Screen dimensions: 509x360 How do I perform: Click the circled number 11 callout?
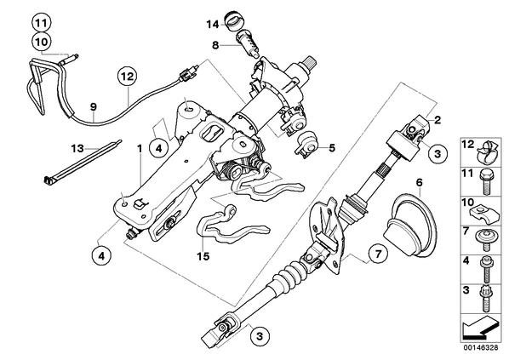click(42, 23)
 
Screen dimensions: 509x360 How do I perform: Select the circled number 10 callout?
click(42, 42)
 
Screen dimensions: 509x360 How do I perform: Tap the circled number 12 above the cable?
click(128, 77)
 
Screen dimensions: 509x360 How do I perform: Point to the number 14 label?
click(213, 25)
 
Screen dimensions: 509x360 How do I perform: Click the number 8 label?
click(215, 45)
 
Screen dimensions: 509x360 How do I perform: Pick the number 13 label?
click(77, 149)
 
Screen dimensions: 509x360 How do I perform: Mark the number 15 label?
click(203, 256)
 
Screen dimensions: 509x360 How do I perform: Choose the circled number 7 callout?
click(378, 254)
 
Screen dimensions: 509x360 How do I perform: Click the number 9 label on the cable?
click(94, 106)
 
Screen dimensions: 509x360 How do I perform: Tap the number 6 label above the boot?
click(420, 183)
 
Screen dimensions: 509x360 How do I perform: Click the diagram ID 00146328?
click(480, 348)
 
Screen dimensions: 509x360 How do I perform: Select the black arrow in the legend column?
click(480, 329)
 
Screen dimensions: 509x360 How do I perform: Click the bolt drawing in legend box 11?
click(486, 183)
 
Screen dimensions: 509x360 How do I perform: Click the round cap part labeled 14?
click(233, 20)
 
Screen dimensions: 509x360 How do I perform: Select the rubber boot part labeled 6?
click(409, 226)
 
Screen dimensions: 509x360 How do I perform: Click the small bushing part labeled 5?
click(306, 144)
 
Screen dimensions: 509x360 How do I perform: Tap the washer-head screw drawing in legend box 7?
click(485, 240)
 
